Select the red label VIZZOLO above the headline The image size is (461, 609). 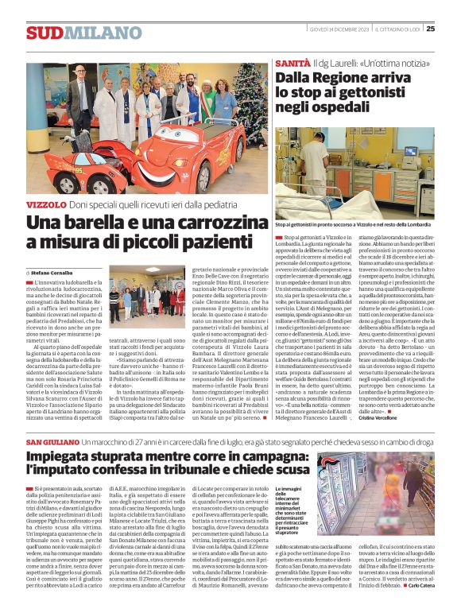point(46,205)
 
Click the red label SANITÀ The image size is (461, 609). point(292,62)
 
